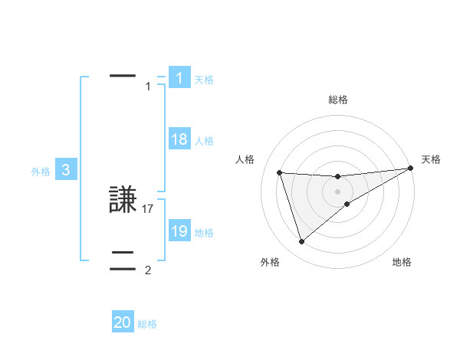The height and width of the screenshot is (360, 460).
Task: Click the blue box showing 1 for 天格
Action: point(179,78)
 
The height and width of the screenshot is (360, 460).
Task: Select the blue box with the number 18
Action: point(179,139)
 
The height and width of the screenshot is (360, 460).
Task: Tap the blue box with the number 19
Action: point(179,231)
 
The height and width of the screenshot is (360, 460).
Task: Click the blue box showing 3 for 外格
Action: point(66,170)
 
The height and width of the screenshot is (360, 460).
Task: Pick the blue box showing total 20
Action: point(123,322)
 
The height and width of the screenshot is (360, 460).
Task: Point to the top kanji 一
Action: point(123,76)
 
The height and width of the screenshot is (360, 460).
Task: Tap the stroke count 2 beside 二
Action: point(148,270)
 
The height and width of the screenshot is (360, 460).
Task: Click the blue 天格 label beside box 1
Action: point(204,79)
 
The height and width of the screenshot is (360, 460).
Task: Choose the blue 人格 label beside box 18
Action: point(204,140)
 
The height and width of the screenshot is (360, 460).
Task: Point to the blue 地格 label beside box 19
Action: point(204,232)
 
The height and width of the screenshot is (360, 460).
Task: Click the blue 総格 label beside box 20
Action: point(147,324)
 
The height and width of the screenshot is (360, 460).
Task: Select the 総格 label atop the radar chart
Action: point(337,100)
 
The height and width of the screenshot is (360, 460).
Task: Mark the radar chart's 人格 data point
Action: point(280,172)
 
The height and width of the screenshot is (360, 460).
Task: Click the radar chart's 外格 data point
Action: point(301,242)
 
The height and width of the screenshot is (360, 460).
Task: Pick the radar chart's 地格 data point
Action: point(347,203)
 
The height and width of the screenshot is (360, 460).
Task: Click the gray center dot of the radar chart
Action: point(337,191)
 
